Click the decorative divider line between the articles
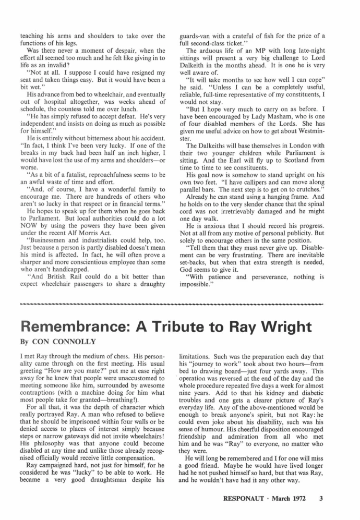[180, 302]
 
